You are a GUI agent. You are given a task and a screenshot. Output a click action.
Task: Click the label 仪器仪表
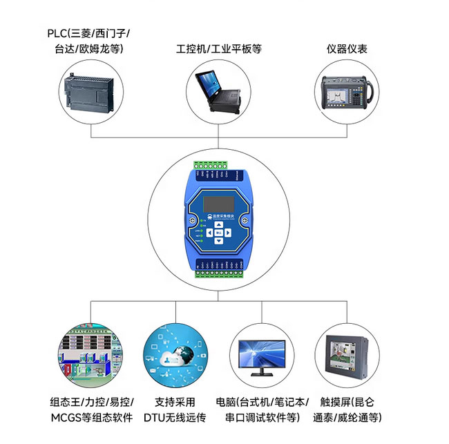[x=347, y=49]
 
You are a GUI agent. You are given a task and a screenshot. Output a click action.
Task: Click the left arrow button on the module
[x=208, y=232]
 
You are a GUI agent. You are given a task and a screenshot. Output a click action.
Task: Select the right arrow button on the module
[x=228, y=232]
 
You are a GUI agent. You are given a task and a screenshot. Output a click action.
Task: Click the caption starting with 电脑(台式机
[x=262, y=409]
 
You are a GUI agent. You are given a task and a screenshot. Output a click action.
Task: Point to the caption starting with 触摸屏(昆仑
[x=347, y=409]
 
